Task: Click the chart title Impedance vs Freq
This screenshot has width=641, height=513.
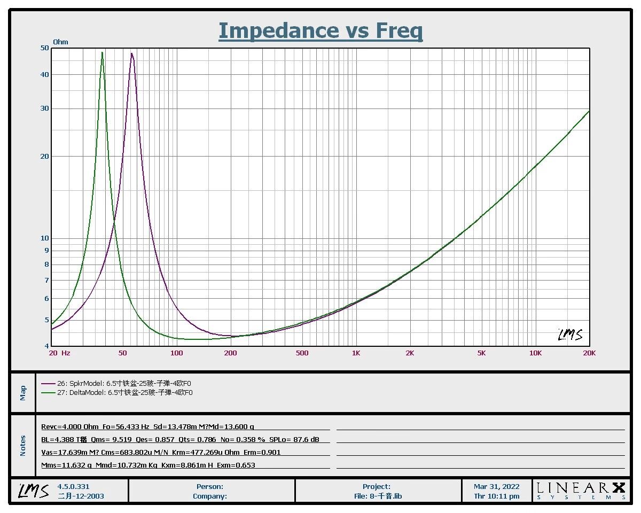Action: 320,31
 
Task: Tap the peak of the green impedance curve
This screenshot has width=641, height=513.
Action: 102,52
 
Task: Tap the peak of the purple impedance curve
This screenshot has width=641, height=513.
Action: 131,53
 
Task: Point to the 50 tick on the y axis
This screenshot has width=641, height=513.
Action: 45,48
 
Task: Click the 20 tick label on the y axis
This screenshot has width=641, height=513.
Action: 45,157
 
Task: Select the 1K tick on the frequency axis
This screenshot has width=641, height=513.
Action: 356,353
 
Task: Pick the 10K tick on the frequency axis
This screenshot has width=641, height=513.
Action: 535,353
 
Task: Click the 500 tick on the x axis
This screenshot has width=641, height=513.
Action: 302,353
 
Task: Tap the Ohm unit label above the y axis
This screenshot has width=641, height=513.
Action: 60,42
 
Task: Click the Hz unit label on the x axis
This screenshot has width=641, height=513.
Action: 66,353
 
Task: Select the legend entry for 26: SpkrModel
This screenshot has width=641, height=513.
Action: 116,383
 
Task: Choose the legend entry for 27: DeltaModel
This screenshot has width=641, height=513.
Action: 116,393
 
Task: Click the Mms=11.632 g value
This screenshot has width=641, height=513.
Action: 67,465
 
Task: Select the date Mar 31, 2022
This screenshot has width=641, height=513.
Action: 496,487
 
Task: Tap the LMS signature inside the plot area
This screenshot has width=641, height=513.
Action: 570,335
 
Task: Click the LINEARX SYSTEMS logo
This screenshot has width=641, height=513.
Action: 580,491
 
